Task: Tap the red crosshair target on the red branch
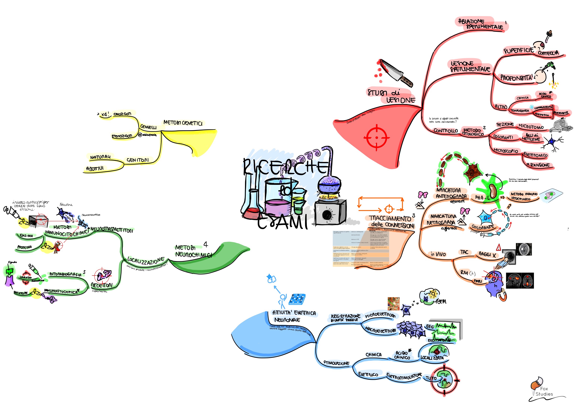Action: pos(376,138)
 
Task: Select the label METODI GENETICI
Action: pos(183,123)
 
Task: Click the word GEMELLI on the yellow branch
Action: pos(148,127)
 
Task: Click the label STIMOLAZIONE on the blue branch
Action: pos(337,363)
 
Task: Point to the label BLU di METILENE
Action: pos(531,137)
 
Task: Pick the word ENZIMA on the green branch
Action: pos(26,236)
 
